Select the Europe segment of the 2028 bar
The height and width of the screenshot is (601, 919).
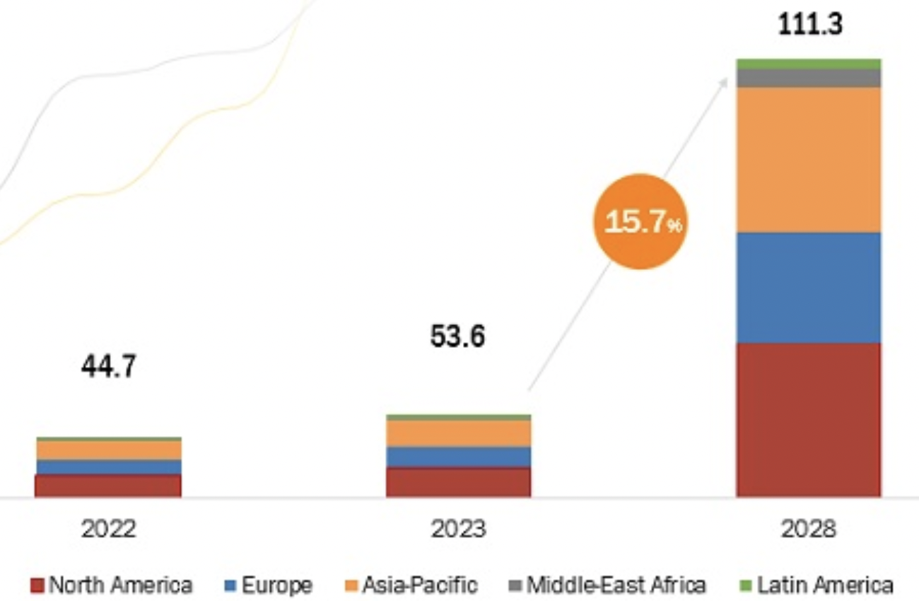pyautogui.click(x=809, y=287)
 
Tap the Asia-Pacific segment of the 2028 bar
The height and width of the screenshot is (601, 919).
pyautogui.click(x=809, y=159)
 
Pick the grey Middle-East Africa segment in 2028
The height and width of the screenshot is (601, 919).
pyautogui.click(x=809, y=78)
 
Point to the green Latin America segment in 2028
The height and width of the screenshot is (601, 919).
pyautogui.click(x=809, y=64)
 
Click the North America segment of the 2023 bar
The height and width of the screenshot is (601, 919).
pyautogui.click(x=458, y=482)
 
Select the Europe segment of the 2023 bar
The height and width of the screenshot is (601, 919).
pyautogui.click(x=458, y=457)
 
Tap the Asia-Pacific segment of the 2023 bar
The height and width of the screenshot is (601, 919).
pyautogui.click(x=458, y=433)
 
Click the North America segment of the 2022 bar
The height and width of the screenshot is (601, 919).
pyautogui.click(x=108, y=486)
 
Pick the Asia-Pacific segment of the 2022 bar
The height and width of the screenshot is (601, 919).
pyautogui.click(x=108, y=450)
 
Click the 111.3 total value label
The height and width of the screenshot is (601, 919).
pyautogui.click(x=810, y=25)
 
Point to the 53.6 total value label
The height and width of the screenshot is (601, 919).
pyautogui.click(x=457, y=337)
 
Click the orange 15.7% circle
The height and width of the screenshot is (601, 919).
pyautogui.click(x=639, y=222)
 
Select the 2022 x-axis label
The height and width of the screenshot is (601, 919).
pyautogui.click(x=108, y=529)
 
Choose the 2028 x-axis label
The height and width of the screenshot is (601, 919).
pyautogui.click(x=809, y=529)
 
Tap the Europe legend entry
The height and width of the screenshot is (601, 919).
pyautogui.click(x=269, y=585)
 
